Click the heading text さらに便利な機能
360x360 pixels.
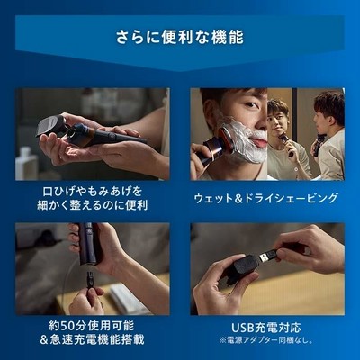(180, 37)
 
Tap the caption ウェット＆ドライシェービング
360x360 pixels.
(266, 198)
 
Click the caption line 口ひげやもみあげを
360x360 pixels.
(92, 192)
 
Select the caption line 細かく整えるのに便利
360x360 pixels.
(92, 205)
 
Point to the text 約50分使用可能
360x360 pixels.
(91, 326)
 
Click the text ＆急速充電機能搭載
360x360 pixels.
(92, 339)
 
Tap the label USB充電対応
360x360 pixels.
(265, 328)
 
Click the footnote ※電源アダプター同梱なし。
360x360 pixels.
(265, 341)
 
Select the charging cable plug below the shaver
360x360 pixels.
(90, 277)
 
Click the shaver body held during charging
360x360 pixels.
(88, 245)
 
